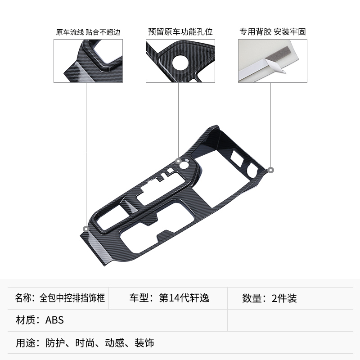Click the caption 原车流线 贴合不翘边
pyautogui.click(x=88, y=32)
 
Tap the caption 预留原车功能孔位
pyautogui.click(x=180, y=32)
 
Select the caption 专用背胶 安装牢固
pyautogui.click(x=273, y=32)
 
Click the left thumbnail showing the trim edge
pyautogui.click(x=87, y=61)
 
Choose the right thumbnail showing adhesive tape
pyautogui.click(x=273, y=61)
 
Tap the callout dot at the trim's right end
pyautogui.click(x=270, y=170)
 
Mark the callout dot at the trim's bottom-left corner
pyautogui.click(x=85, y=229)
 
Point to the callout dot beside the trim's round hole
pyautogui.click(x=178, y=161)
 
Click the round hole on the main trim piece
pyautogui.click(x=185, y=165)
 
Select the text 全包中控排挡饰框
pyautogui.click(x=72, y=298)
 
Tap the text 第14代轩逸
pyautogui.click(x=184, y=298)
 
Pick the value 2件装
pyautogui.click(x=284, y=298)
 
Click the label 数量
pyautogui.click(x=252, y=298)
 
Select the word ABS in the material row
pyautogui.click(x=55, y=320)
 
